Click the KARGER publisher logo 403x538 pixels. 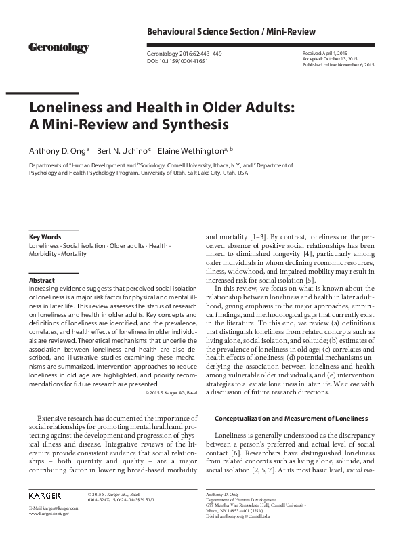tap(45, 496)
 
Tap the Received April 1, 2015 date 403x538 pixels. tap(324, 52)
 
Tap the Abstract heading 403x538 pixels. tap(42, 279)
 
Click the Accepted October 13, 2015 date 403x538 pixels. tap(329, 60)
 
